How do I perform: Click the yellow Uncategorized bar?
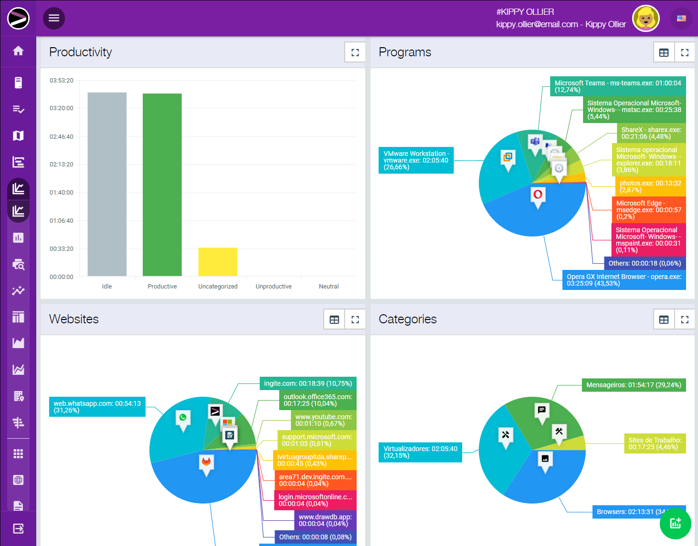[218, 261]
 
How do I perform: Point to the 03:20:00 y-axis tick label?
[62, 108]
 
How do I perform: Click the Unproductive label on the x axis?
[274, 287]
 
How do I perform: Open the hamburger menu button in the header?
[54, 18]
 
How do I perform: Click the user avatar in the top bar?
[645, 19]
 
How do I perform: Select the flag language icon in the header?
[681, 19]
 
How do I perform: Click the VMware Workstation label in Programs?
[416, 160]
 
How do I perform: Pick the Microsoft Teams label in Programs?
[618, 86]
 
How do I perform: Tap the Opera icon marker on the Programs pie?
[538, 195]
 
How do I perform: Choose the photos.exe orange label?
[650, 186]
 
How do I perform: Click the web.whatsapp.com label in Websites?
[97, 407]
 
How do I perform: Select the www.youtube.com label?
[323, 420]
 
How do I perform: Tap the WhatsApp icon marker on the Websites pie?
[183, 418]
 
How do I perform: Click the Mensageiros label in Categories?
[634, 385]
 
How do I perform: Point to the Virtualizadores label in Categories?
[420, 452]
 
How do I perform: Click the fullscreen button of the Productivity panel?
[355, 52]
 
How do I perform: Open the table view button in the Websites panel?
[334, 319]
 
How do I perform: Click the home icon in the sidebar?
[18, 51]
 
